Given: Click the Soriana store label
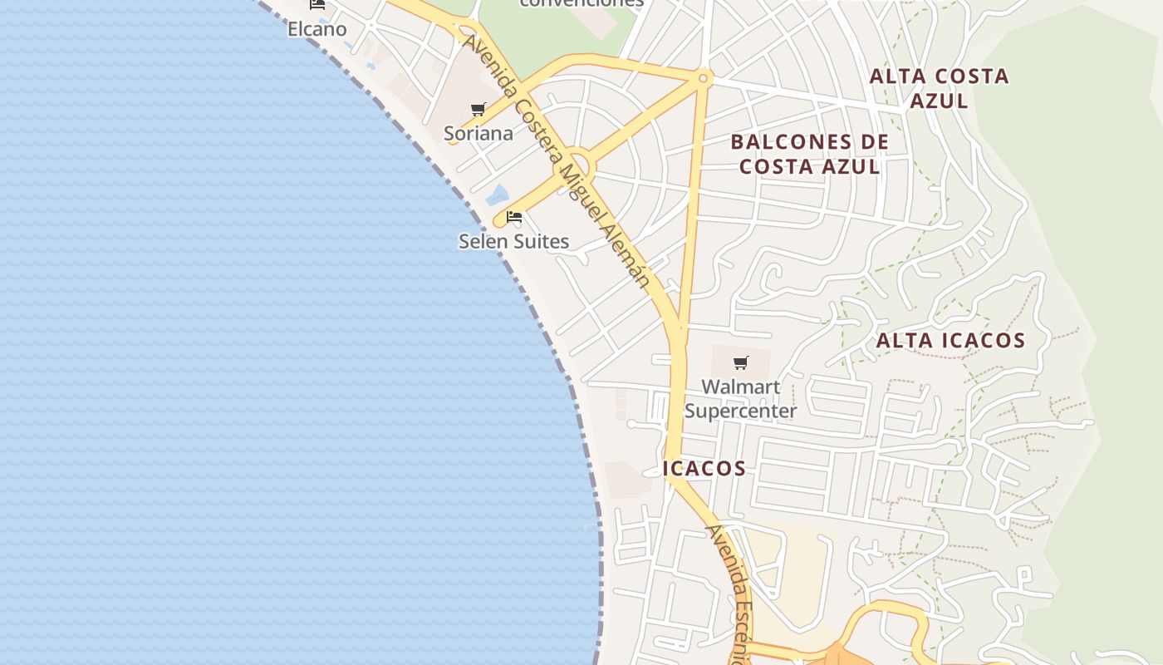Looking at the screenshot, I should click(x=478, y=133).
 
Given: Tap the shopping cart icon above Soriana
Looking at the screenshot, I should click(x=478, y=109).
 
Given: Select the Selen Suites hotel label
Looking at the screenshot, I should click(x=513, y=241).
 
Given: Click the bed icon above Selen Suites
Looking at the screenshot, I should click(x=514, y=218).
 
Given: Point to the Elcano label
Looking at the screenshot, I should click(x=317, y=29).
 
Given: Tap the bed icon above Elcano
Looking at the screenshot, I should click(x=317, y=4).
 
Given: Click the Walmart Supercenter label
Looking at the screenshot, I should click(x=740, y=398).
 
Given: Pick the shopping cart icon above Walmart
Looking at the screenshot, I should click(x=740, y=362).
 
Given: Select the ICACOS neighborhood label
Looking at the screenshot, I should click(x=704, y=468).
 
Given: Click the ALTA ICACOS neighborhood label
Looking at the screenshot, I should click(x=950, y=340).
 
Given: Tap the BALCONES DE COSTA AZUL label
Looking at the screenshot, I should click(x=810, y=154).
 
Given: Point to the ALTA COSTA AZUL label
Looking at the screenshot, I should click(x=939, y=88).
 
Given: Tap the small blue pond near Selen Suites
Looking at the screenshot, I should click(x=497, y=195).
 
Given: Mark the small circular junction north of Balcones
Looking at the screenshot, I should click(x=704, y=78).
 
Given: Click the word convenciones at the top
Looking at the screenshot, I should click(x=581, y=3).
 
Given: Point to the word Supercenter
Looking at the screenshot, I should click(x=740, y=411).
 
